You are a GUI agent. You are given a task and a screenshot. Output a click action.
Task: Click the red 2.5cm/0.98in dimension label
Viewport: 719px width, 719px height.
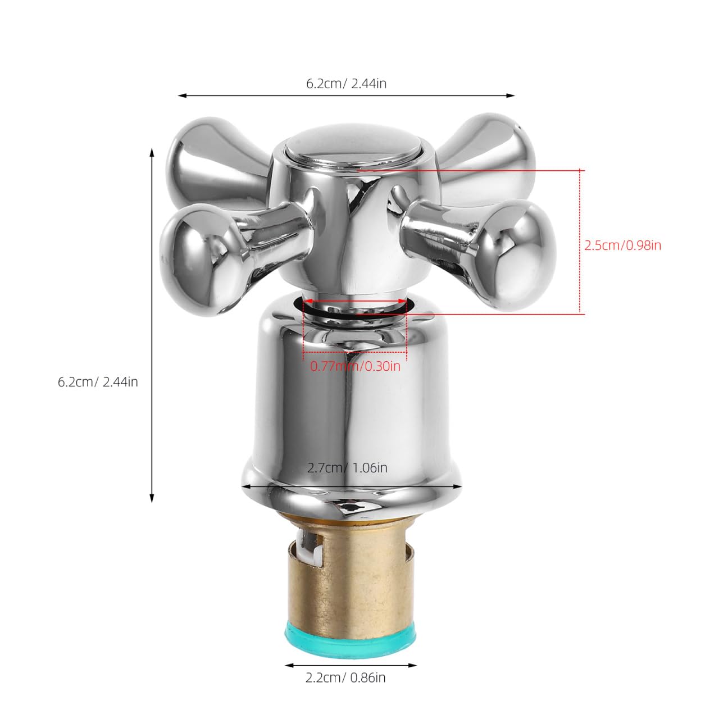click(622, 245)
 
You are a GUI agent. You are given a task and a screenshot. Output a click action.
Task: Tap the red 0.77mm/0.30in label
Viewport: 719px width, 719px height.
click(355, 366)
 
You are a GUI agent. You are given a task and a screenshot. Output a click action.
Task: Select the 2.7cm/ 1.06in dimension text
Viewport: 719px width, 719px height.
click(347, 468)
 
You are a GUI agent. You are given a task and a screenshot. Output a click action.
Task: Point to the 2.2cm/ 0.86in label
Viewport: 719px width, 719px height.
click(345, 677)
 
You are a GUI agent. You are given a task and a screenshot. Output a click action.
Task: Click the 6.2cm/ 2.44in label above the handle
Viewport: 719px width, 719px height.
click(346, 83)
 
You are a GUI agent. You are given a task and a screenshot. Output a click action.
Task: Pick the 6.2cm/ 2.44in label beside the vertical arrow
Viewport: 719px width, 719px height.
click(98, 382)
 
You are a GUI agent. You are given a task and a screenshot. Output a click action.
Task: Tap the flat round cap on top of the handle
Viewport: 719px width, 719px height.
click(353, 145)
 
